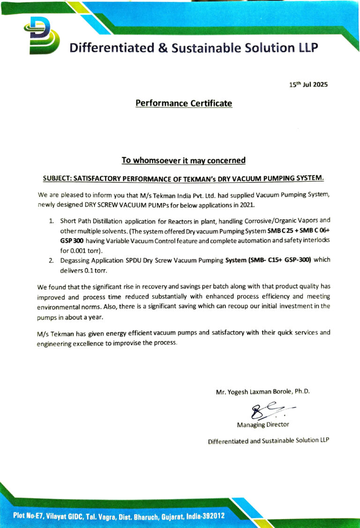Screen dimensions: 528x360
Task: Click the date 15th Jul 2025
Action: point(308,85)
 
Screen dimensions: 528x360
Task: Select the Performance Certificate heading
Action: point(184,103)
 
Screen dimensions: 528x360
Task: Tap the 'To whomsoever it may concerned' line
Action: point(183,160)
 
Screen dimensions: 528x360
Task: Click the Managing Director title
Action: point(263,424)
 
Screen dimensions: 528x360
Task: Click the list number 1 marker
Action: point(51,220)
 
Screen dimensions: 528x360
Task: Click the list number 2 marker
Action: point(51,260)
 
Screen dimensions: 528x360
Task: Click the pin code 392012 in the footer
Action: point(214,516)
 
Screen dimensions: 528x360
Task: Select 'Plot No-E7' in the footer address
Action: point(30,516)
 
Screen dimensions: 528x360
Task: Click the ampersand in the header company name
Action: point(162,47)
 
